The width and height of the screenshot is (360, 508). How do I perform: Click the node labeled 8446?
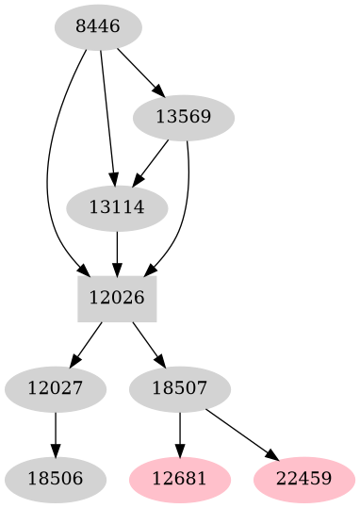pos(97,27)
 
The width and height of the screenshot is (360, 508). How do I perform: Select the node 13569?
pos(184,118)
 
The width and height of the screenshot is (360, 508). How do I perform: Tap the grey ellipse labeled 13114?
pos(116,208)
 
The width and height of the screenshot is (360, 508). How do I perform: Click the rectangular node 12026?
pos(116,298)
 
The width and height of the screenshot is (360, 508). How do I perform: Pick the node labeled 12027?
pos(55,388)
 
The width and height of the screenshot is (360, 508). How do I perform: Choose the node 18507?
pos(180,388)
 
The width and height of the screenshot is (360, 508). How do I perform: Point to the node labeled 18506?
pos(55,479)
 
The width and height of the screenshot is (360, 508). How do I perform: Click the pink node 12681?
pos(180,479)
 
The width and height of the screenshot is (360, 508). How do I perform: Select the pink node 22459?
pos(304,479)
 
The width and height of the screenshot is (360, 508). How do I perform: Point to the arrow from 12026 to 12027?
pos(87,343)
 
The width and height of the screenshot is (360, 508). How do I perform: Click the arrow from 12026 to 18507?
pos(148,343)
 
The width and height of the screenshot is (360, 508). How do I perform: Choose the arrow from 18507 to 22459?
pos(242,434)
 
